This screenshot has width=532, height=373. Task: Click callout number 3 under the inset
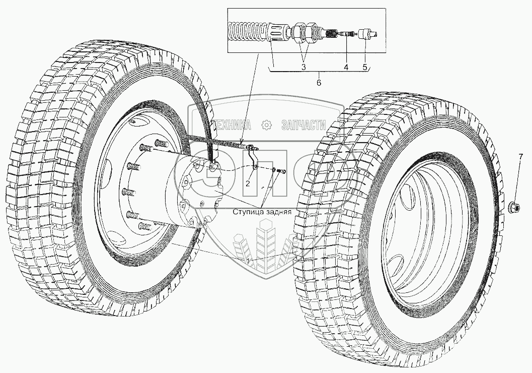pyautogui.click(x=303, y=67)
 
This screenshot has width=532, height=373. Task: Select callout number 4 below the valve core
pyautogui.click(x=346, y=67)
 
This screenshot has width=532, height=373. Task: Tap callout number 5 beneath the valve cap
pyautogui.click(x=365, y=67)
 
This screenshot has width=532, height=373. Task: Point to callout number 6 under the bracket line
pyautogui.click(x=319, y=83)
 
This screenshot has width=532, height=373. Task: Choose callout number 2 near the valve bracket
pyautogui.click(x=248, y=183)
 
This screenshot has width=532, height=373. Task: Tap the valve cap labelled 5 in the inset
pyautogui.click(x=367, y=34)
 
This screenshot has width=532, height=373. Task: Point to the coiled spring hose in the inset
pyautogui.click(x=247, y=31)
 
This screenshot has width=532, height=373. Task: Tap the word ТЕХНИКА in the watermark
pyautogui.click(x=233, y=125)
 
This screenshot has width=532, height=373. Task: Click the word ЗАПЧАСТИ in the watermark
pyautogui.click(x=304, y=125)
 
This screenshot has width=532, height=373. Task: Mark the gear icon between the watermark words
pyautogui.click(x=267, y=125)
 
